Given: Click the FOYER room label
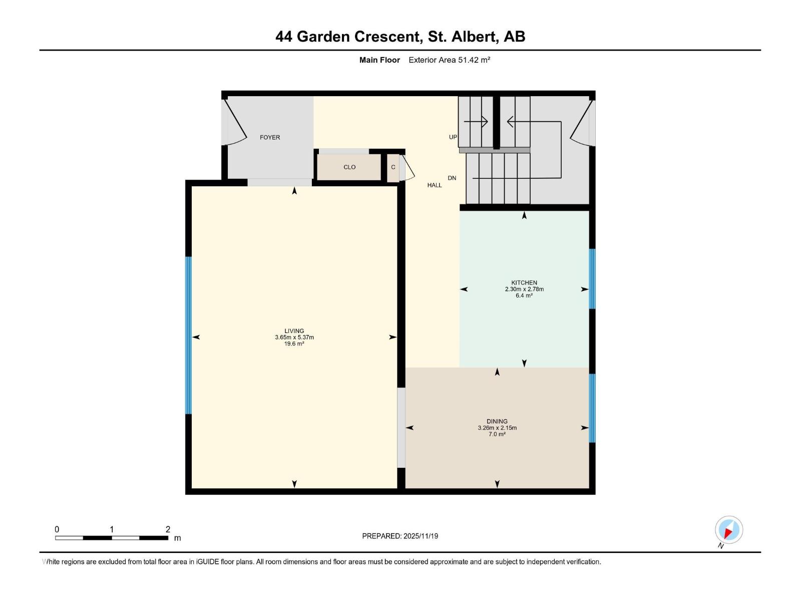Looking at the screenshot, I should [270, 137].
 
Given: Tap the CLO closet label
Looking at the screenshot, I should [349, 167].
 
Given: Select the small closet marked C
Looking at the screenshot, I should [393, 167].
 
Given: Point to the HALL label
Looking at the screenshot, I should [435, 185].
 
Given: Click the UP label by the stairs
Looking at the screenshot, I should [453, 137].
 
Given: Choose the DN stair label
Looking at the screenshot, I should [452, 178].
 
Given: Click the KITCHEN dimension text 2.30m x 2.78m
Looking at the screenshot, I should [524, 289].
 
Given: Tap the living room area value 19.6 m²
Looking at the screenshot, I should [294, 344].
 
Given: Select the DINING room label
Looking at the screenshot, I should [497, 421].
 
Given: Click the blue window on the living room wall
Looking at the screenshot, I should [189, 336].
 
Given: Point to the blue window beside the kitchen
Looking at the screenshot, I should [592, 278].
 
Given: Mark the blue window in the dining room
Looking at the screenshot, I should [592, 408].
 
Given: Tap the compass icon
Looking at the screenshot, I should [728, 530].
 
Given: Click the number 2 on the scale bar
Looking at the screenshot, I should [168, 529].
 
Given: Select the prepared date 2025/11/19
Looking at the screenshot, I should [420, 536].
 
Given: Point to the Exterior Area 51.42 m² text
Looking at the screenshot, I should [449, 60].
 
